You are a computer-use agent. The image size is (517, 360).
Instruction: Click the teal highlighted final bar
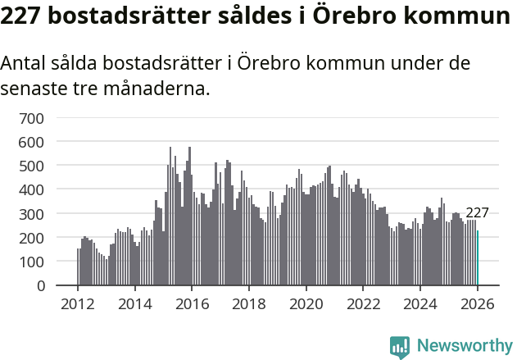point(478,258)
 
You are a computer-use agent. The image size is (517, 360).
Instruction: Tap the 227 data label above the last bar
point(477,213)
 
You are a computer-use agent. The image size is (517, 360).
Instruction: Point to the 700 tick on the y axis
point(31,118)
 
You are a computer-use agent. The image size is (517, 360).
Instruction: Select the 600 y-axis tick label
point(31,142)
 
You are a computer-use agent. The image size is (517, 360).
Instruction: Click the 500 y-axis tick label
point(31,166)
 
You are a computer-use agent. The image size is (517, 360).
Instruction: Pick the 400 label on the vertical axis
point(31,189)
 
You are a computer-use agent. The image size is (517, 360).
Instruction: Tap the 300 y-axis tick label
point(31,214)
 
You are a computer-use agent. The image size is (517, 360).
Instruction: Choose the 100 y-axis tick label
point(31,262)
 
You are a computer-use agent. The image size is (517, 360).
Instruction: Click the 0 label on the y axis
point(39,285)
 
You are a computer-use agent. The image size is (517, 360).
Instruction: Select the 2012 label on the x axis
point(78,303)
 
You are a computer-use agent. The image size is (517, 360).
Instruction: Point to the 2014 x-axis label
point(135,303)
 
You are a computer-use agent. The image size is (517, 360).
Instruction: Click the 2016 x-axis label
point(192,303)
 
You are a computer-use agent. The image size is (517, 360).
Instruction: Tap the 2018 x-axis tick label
point(249,303)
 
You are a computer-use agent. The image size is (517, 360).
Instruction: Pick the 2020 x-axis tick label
point(306,303)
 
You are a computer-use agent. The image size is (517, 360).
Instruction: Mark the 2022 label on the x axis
point(364,303)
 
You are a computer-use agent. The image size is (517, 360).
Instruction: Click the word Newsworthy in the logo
point(464,345)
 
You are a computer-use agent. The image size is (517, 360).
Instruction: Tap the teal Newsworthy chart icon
point(400,346)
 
